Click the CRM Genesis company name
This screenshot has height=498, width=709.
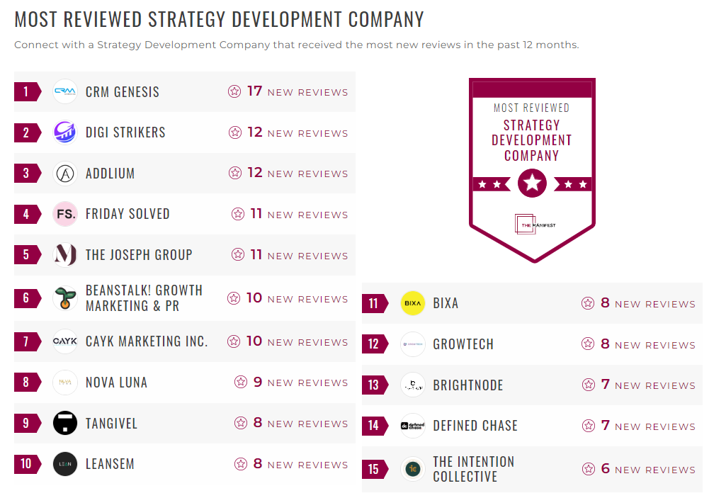click(122, 92)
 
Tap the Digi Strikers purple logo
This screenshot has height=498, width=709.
click(65, 132)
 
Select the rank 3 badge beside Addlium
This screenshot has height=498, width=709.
click(26, 174)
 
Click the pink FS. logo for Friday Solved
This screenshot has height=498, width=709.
click(65, 214)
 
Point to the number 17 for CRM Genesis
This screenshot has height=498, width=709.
click(254, 91)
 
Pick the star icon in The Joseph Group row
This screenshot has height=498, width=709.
click(238, 255)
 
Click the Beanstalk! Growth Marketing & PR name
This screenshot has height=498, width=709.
click(144, 298)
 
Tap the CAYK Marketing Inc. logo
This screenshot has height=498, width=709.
click(65, 341)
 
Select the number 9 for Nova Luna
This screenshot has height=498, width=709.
click(258, 382)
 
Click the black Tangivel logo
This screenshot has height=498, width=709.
click(65, 424)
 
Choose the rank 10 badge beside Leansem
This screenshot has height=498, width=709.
click(26, 464)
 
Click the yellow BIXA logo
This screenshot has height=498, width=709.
click(412, 303)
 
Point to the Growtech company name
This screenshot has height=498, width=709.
click(463, 344)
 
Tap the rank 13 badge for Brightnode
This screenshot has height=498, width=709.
click(374, 385)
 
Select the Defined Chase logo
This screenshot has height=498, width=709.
click(412, 426)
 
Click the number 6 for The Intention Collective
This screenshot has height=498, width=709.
click(605, 468)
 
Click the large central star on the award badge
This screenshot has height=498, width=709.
click(532, 183)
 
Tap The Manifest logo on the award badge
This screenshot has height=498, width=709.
click(532, 225)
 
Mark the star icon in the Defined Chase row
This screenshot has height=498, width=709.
click(588, 426)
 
